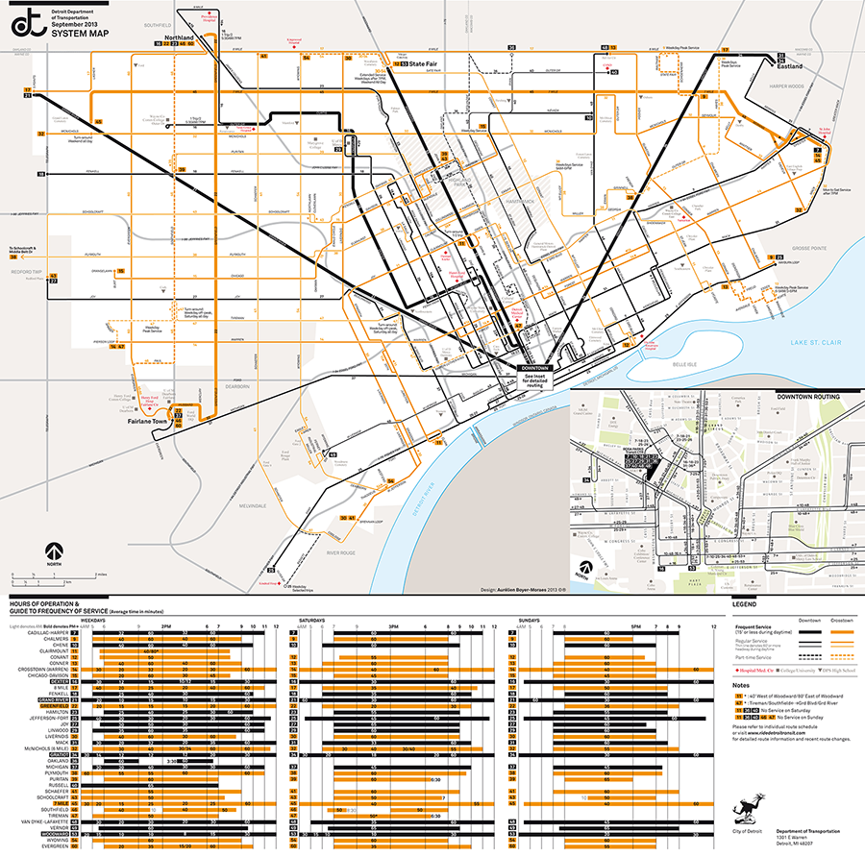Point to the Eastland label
791,68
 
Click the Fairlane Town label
147,421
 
